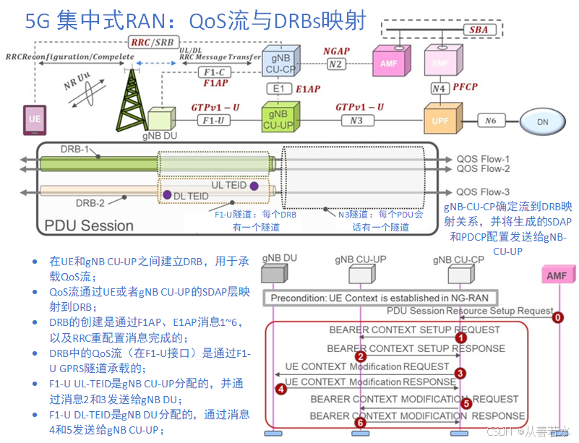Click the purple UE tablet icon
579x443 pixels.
34,118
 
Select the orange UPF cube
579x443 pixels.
440,120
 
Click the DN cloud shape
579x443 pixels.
542,122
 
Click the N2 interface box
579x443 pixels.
335,64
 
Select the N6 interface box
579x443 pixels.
491,120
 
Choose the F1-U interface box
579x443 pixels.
211,120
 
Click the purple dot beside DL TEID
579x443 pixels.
167,195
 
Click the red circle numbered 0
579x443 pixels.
557,317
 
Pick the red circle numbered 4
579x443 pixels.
281,389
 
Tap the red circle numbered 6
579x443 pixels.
360,422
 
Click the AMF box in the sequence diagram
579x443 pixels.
557,275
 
